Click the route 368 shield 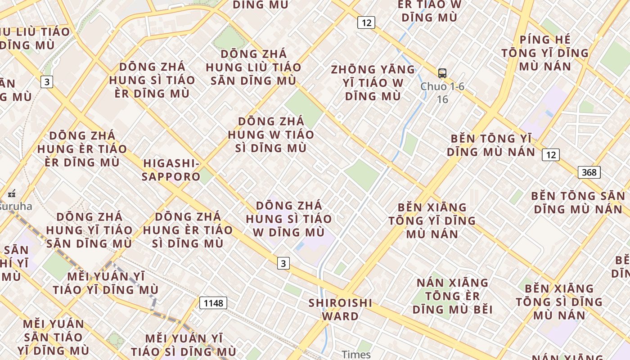click(589, 172)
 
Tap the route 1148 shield click(213, 303)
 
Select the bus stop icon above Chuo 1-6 click(442, 73)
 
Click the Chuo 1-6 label click(442, 86)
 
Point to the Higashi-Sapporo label click(171, 170)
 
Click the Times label click(356, 355)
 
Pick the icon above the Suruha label click(12, 194)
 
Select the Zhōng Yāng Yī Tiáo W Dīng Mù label click(373, 83)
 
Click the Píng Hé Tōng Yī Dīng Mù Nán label click(545, 53)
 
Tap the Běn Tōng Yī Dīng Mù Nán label click(491, 145)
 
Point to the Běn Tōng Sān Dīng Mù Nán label click(578, 202)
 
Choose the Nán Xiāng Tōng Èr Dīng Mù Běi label click(453, 296)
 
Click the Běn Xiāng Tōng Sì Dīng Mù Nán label click(559, 301)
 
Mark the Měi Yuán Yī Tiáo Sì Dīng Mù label click(183, 345)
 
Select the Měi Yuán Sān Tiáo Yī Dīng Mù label click(54, 337)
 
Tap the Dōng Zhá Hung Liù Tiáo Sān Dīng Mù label click(253, 67)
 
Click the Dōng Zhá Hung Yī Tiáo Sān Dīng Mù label click(89, 230)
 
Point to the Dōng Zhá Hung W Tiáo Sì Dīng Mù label click(271, 135)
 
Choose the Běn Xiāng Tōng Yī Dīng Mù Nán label click(432, 220)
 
